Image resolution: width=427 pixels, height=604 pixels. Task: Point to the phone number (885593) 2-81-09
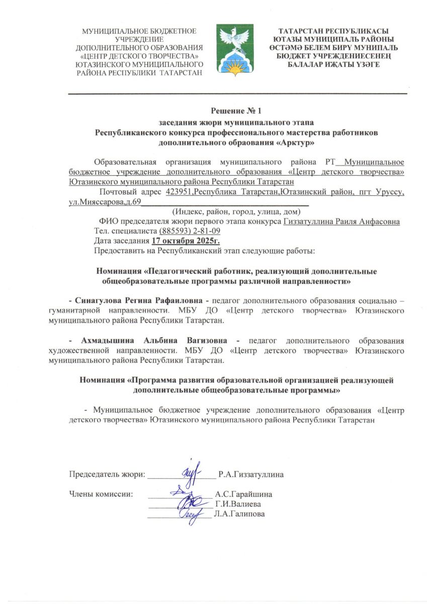(x=190, y=231)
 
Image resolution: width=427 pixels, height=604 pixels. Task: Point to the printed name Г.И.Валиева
(x=237, y=504)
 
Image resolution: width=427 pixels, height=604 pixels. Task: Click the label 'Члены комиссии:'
(x=101, y=494)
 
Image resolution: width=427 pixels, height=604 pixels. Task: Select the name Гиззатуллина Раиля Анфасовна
(x=342, y=221)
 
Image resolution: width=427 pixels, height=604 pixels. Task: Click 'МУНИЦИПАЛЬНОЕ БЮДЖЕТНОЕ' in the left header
(x=139, y=32)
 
